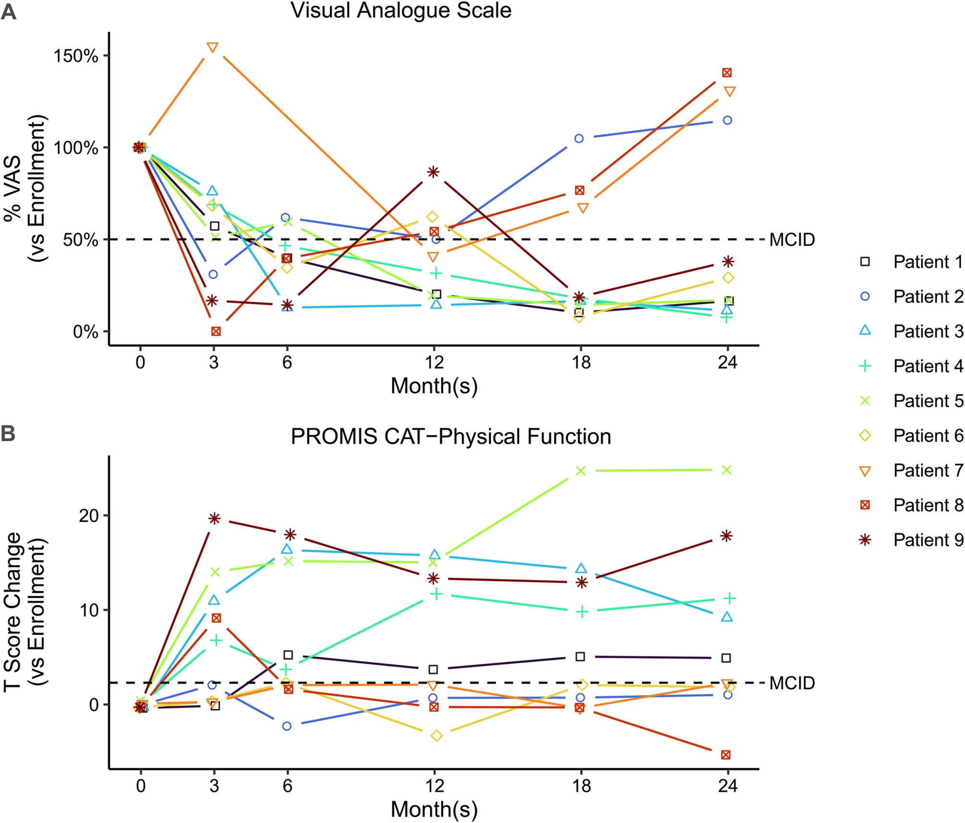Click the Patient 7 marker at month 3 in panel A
[212, 48]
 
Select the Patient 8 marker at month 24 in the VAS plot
[727, 73]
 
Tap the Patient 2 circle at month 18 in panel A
[579, 139]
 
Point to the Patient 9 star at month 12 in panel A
[433, 172]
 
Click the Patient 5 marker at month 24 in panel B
[727, 470]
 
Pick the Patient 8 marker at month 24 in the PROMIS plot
[726, 755]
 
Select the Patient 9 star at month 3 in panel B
[214, 519]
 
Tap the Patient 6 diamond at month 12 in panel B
[436, 736]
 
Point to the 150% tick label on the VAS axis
[75, 56]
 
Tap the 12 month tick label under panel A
[434, 362]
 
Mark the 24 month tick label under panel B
[728, 786]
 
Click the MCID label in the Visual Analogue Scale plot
[792, 240]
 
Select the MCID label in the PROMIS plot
[792, 683]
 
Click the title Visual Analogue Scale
[401, 11]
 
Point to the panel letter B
[8, 434]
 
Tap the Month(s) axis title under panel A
[434, 386]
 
